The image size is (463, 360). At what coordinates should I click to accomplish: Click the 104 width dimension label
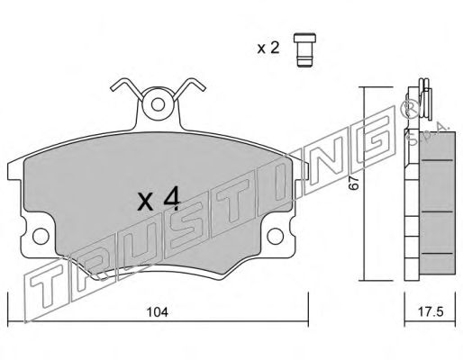click(x=158, y=312)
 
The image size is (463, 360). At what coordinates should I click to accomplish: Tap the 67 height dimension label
click(x=354, y=183)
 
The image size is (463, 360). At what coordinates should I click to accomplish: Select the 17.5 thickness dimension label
click(x=431, y=312)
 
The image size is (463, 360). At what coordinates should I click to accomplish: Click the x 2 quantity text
click(x=268, y=48)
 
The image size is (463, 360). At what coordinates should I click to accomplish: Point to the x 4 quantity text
click(x=159, y=198)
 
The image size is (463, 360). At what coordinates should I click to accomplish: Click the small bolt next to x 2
click(x=304, y=49)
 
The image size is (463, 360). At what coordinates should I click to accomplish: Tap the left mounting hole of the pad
click(x=41, y=236)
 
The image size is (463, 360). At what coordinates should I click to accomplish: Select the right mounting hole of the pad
click(x=275, y=236)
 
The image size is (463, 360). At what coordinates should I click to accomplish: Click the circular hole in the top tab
click(x=158, y=104)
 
